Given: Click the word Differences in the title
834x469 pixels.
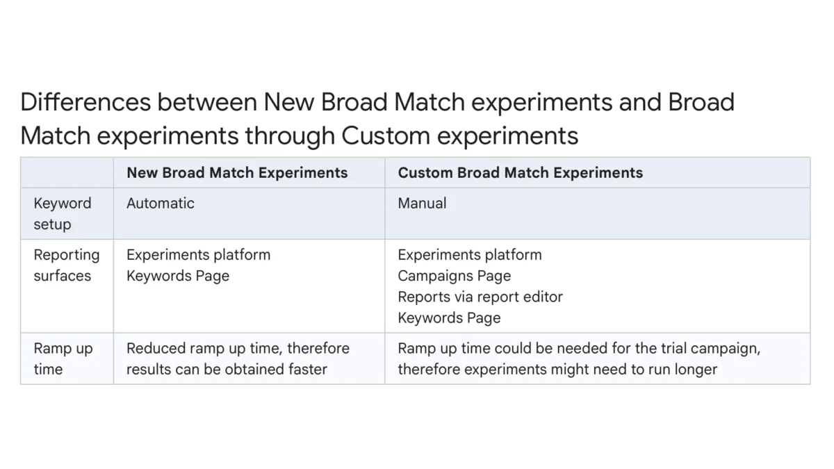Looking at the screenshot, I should click(x=85, y=102).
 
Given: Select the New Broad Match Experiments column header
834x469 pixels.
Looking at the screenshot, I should click(x=236, y=173).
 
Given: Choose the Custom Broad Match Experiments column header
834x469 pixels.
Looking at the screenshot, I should click(x=520, y=173).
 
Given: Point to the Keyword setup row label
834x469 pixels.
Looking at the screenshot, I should click(x=62, y=214).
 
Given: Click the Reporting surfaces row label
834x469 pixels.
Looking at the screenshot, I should click(x=66, y=265).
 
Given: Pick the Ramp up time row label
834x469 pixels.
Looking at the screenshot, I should click(x=63, y=359).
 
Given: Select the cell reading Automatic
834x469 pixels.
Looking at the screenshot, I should click(x=160, y=204).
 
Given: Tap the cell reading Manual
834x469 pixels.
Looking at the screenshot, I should click(x=422, y=204).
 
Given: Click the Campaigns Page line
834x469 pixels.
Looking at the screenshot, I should click(x=454, y=276).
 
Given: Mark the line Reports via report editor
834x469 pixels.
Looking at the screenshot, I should click(x=480, y=297).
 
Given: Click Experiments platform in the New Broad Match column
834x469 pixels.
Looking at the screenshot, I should click(x=198, y=255).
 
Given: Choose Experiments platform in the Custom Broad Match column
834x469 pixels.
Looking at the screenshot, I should click(x=469, y=255).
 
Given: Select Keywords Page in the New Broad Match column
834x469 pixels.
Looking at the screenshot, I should click(x=177, y=276).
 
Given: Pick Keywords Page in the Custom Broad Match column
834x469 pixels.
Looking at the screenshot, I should click(x=449, y=318).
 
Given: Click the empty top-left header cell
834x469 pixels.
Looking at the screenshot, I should click(x=67, y=173).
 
